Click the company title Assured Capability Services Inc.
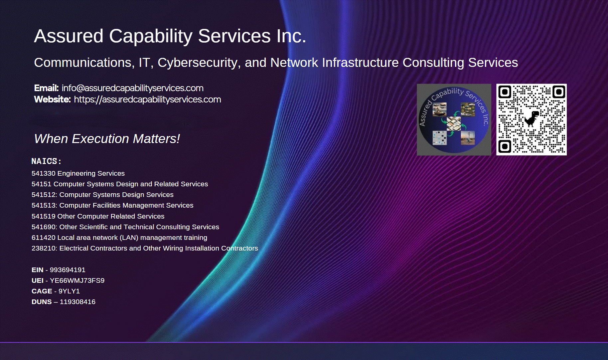click(x=170, y=36)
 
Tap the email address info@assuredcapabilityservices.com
click(x=132, y=88)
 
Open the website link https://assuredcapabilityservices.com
click(x=147, y=99)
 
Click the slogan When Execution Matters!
click(x=107, y=139)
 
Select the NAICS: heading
click(x=47, y=161)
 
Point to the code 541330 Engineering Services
click(x=78, y=173)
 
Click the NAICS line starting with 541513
click(x=112, y=205)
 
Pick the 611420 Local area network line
click(x=119, y=238)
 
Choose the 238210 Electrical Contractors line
click(x=145, y=248)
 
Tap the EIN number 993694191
click(x=68, y=270)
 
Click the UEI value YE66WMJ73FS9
click(x=77, y=280)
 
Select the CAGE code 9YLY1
click(x=69, y=291)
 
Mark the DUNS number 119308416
click(x=77, y=302)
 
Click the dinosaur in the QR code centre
click(x=532, y=119)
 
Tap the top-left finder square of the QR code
click(x=505, y=92)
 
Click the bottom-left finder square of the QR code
click(x=505, y=146)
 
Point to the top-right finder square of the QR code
click(x=559, y=92)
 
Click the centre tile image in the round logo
click(x=454, y=123)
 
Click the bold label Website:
click(x=53, y=99)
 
